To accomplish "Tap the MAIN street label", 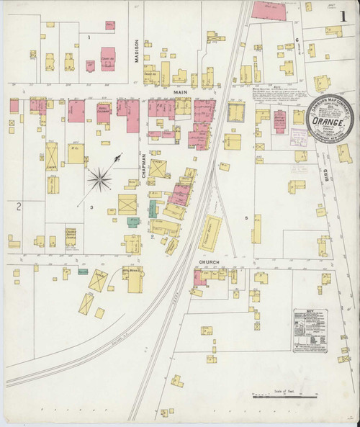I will tap(177, 92).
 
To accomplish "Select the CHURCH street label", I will tap(208, 262).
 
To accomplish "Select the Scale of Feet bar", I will tap(285, 396).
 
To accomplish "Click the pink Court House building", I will tap(107, 59).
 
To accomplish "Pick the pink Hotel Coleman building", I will tap(104, 112).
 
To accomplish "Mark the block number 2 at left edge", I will tap(19, 207).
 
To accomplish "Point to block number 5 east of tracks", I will tap(246, 217).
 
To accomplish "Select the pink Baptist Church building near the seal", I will tap(279, 119).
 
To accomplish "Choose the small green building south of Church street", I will tap(83, 271).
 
